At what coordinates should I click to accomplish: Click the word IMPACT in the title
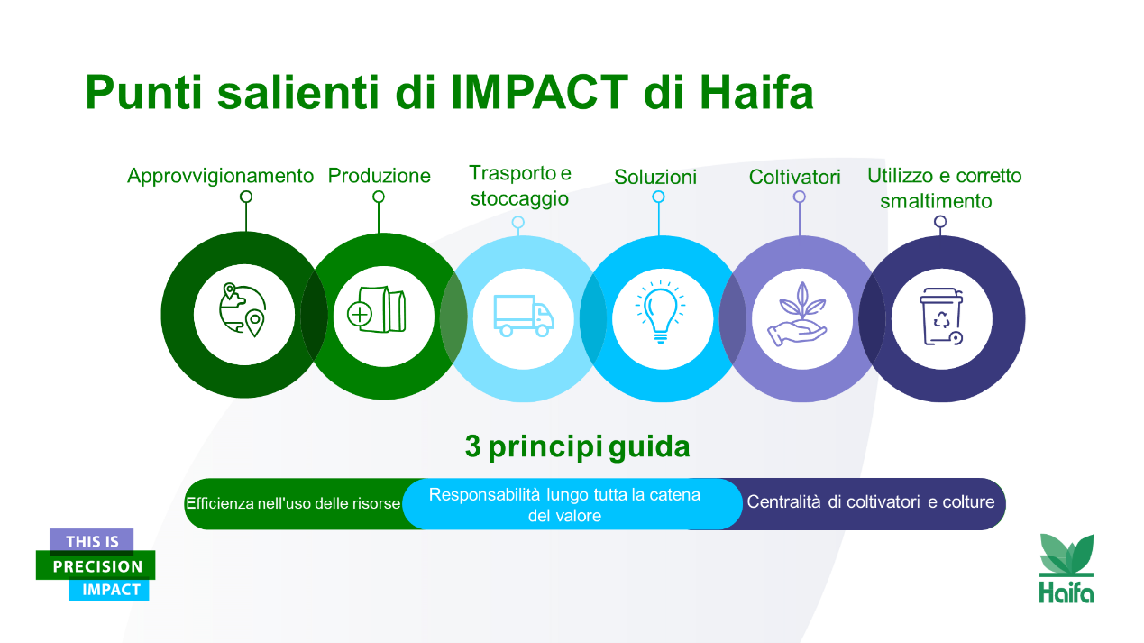539,93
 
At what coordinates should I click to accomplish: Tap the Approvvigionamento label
220,176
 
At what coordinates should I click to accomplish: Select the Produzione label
379,176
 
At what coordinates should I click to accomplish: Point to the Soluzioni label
655,178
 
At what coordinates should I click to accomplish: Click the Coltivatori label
795,178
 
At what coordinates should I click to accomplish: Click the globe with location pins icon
243,310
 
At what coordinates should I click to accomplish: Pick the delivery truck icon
524,316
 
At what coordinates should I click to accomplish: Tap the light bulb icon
661,312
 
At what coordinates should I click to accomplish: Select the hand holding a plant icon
797,314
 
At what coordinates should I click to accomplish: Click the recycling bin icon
941,317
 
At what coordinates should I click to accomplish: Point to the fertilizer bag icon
377,309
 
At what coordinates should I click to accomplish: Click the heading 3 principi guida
577,447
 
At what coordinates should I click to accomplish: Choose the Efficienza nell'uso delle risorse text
293,503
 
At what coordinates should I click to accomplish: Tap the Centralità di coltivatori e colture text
871,502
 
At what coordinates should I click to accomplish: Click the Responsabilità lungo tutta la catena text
564,495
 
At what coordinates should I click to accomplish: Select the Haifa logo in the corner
1066,568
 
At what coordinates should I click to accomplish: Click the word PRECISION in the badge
97,566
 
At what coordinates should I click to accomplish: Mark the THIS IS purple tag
91,541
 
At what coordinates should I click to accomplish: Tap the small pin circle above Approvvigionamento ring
246,197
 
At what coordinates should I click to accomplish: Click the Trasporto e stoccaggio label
519,186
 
